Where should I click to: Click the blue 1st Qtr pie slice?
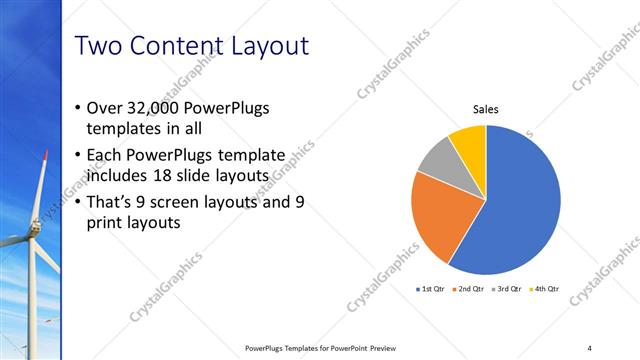pyautogui.click(x=520, y=205)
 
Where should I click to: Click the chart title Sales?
pyautogui.click(x=486, y=110)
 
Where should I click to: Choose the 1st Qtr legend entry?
pyautogui.click(x=433, y=289)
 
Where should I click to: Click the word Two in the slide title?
pyautogui.click(x=99, y=46)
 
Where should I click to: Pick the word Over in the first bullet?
pyautogui.click(x=107, y=108)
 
